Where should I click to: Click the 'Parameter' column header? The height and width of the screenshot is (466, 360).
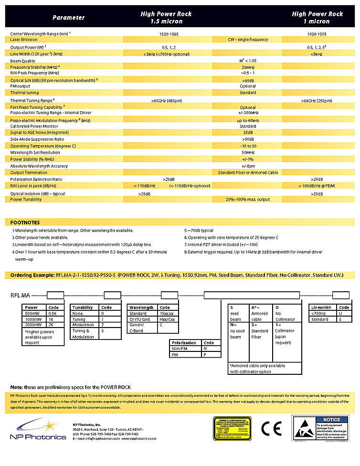(68, 18)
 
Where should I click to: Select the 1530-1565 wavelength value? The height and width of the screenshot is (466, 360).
(166, 34)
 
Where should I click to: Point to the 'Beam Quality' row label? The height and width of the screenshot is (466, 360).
(23, 61)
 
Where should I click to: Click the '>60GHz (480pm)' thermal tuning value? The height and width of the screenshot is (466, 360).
(166, 101)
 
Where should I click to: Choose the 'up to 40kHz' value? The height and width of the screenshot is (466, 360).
(248, 120)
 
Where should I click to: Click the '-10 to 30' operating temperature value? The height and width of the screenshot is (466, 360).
(248, 146)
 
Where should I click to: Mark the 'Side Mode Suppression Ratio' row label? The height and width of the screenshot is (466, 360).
(37, 139)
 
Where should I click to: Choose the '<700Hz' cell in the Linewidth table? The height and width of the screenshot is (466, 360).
(319, 313)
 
